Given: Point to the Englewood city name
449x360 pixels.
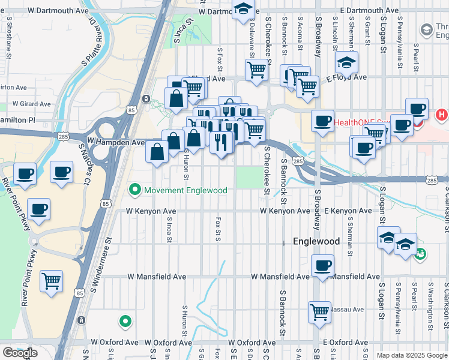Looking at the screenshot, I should pyautogui.click(x=316, y=241).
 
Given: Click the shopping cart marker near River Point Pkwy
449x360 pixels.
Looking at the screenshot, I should pyautogui.click(x=52, y=281).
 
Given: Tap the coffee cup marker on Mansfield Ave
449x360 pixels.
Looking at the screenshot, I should pyautogui.click(x=323, y=265).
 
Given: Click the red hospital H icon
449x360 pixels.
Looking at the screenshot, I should pyautogui.click(x=441, y=114).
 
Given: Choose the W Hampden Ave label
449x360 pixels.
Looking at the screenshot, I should pyautogui.click(x=116, y=143).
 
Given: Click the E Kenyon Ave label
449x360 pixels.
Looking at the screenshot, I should pyautogui.click(x=348, y=211).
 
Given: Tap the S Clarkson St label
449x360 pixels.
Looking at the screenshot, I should pyautogui.click(x=446, y=204).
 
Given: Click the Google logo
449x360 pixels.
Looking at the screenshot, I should pyautogui.click(x=20, y=353).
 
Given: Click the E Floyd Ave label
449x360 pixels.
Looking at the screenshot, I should pyautogui.click(x=346, y=77).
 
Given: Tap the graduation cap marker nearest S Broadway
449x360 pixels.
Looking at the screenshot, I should pyautogui.click(x=346, y=63).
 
